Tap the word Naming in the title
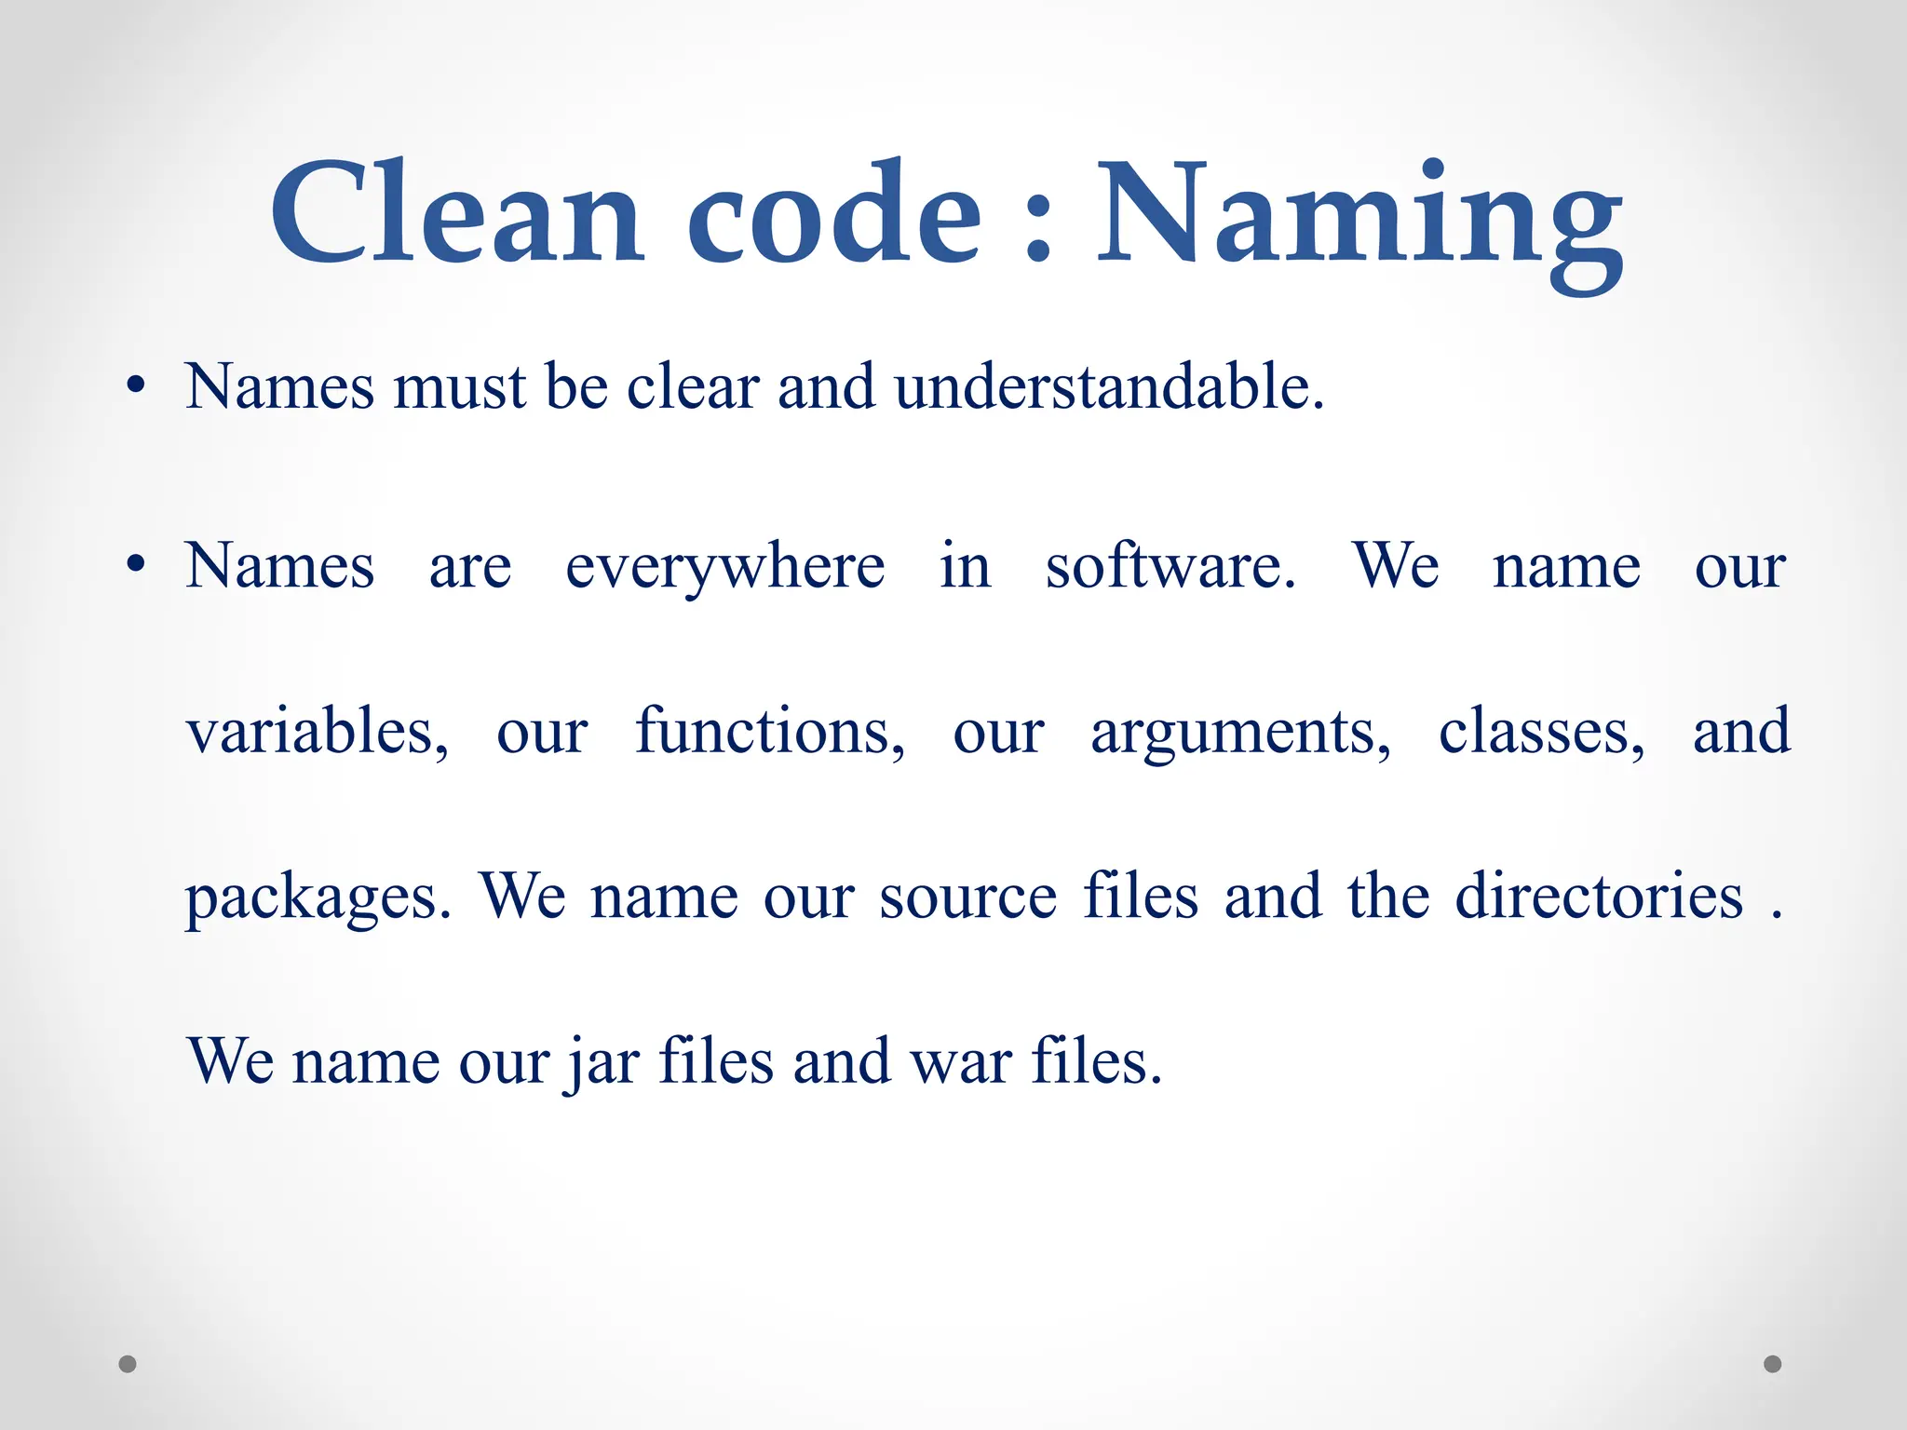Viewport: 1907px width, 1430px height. (1359, 219)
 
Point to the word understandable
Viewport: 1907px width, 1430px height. (1108, 385)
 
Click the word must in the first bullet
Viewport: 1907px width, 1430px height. (459, 387)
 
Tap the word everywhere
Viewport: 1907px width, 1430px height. (724, 568)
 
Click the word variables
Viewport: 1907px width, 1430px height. (317, 732)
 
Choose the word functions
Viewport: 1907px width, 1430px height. (769, 732)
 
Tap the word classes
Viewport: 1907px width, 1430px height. (1541, 732)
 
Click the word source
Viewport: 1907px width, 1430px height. (967, 897)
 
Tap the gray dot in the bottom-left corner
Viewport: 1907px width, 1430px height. (128, 1364)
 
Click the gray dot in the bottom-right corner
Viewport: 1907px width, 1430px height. (1773, 1364)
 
